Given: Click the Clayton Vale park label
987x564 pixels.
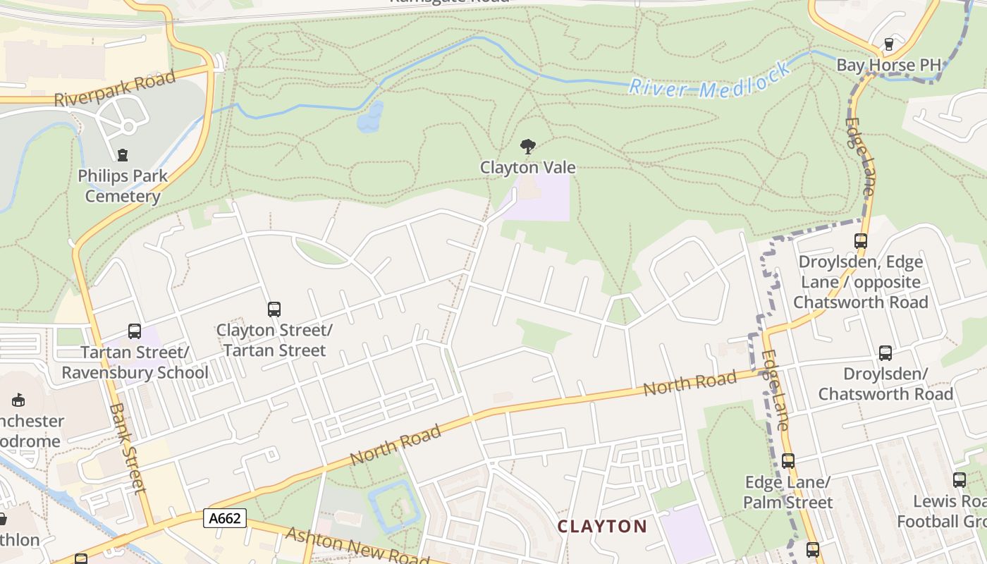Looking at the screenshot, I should (528, 168).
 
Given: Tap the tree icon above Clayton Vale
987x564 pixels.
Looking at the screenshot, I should (527, 147).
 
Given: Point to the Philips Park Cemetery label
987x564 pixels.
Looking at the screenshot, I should (123, 186).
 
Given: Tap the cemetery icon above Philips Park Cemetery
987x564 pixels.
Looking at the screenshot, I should (123, 154).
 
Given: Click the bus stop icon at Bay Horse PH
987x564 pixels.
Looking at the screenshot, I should (888, 44).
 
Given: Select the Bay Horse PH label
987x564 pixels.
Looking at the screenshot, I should (888, 66).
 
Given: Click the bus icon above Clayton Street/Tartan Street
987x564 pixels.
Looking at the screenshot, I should (274, 309).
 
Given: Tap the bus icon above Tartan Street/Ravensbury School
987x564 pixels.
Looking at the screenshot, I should (134, 331).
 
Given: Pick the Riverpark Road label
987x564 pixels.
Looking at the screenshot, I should (114, 89).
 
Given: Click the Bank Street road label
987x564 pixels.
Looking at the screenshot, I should (128, 447).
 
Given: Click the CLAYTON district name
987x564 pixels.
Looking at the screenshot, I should (602, 527).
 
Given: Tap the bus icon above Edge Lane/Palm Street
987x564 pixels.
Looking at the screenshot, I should (787, 461).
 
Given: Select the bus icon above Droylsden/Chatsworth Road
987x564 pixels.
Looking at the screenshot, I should (885, 352).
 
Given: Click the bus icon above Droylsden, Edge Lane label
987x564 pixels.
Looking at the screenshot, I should (860, 240).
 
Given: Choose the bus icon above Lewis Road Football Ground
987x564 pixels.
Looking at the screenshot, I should (959, 480).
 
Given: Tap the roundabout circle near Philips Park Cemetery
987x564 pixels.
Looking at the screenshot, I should (128, 128).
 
